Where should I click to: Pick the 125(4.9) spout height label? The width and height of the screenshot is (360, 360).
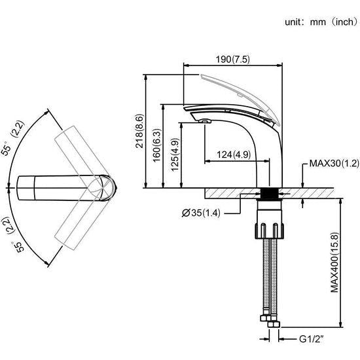pos(173,156)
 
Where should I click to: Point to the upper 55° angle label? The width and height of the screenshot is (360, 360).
pos(16,140)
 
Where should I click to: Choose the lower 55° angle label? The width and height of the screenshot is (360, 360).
pos(16,238)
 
